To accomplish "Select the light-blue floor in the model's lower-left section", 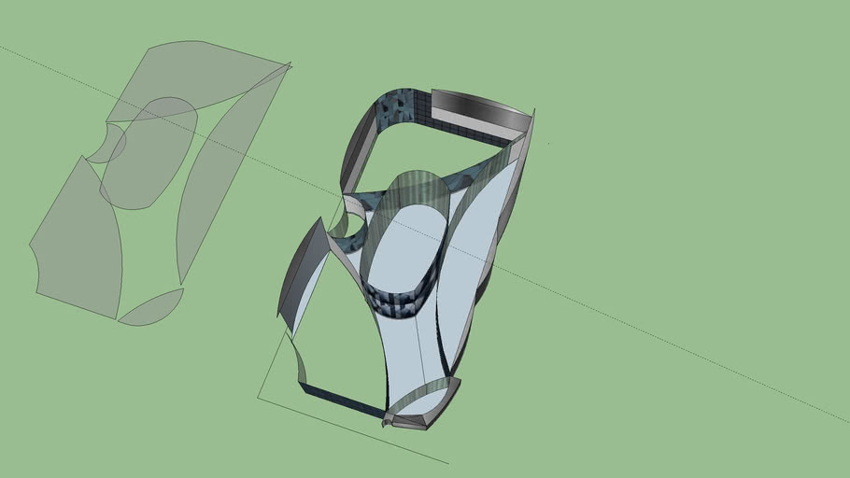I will pyautogui.click(x=336, y=327).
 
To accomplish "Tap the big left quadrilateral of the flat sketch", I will pyautogui.click(x=79, y=243).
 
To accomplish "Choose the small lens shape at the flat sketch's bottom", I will pyautogui.click(x=149, y=308).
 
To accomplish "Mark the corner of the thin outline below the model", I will pyautogui.click(x=259, y=399).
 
